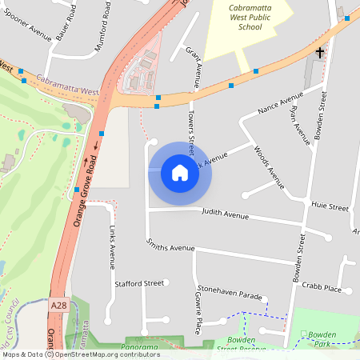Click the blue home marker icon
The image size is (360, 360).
(x=180, y=172)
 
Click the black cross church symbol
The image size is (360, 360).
(x=320, y=53)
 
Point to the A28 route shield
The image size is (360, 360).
(x=58, y=306)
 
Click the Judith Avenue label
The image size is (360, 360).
(x=226, y=215)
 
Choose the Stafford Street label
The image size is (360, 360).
(x=139, y=283)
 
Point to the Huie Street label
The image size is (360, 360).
(x=330, y=206)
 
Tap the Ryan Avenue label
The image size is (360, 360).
(x=300, y=126)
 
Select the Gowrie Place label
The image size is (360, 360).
(x=198, y=309)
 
